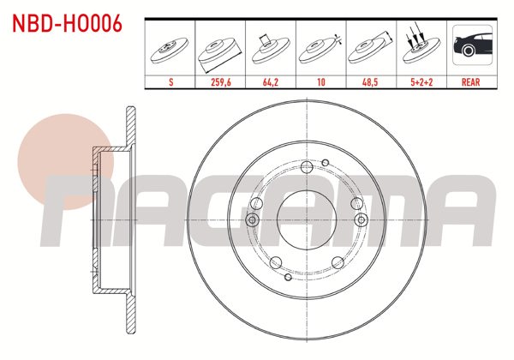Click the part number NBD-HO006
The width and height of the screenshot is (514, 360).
[65, 23]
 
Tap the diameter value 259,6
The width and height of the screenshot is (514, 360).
[221, 84]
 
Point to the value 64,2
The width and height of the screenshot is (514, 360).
[271, 84]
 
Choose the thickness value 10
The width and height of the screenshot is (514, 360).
[320, 84]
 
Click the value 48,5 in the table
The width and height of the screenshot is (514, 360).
[370, 84]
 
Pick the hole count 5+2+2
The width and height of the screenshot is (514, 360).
[420, 84]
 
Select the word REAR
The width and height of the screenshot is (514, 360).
[470, 84]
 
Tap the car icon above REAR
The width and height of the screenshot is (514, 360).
[470, 47]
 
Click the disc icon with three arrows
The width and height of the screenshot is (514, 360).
[420, 47]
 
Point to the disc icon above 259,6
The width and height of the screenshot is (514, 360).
[221, 49]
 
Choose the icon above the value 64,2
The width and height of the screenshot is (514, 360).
[271, 47]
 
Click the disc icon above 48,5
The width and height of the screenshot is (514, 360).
[370, 49]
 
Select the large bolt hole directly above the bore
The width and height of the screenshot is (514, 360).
[306, 166]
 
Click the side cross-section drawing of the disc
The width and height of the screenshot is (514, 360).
[116, 219]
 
